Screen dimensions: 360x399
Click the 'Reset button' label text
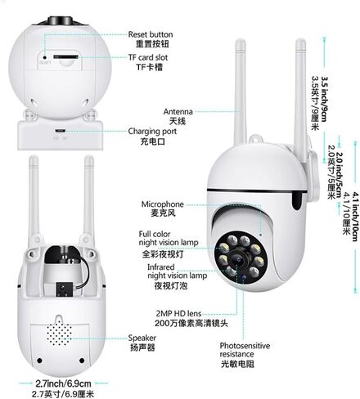coord(151,34)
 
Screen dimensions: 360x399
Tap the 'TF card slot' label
coord(148,57)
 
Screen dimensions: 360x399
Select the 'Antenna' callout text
coord(178,111)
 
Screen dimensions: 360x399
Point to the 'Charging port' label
coord(152,132)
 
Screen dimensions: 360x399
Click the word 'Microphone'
coord(162,204)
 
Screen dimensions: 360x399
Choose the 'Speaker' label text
coord(142,338)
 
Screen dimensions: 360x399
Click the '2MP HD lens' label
coord(178,313)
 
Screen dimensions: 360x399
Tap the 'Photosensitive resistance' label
coord(245,350)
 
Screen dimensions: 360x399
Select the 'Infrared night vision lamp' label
coord(177,271)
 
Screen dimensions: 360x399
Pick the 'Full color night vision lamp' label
coord(169,238)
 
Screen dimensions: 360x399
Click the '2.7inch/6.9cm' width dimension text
coord(63,383)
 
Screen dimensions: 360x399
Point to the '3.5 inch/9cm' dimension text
coord(324,99)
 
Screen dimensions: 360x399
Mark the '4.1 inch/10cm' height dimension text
coord(355,217)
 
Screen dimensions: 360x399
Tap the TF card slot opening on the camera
coord(65,56)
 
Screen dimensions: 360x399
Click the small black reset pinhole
coord(45,57)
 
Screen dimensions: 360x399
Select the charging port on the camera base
coord(60,131)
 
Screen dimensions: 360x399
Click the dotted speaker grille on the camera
coord(59,333)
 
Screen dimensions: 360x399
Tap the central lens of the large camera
coord(237,259)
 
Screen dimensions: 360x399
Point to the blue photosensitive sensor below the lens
coord(244,277)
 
